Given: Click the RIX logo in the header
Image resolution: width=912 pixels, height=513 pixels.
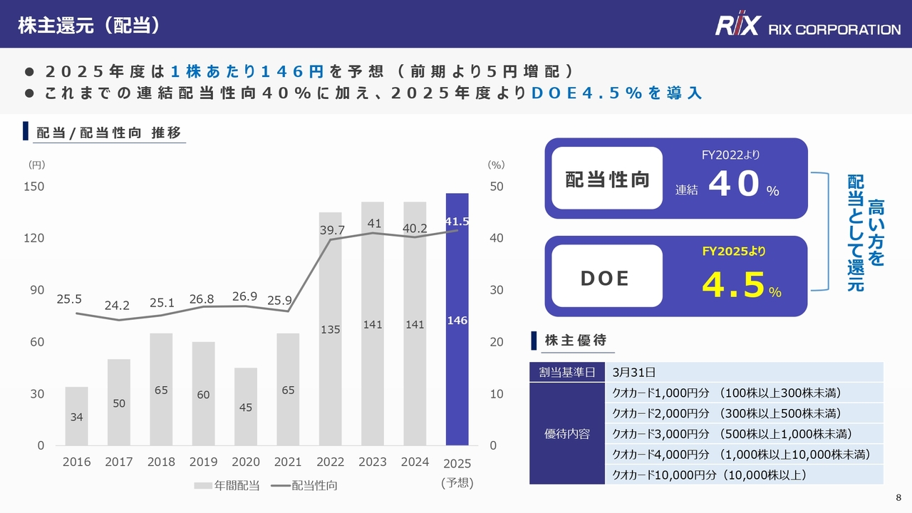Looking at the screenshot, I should [x=738, y=27].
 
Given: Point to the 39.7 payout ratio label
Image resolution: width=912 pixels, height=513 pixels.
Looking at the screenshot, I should [x=331, y=230].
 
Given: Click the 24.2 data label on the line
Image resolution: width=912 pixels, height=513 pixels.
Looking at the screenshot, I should [x=117, y=306].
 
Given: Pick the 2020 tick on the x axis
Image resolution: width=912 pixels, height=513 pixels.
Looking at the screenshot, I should [x=246, y=462].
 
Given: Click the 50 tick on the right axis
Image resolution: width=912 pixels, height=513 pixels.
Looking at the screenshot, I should [x=496, y=187].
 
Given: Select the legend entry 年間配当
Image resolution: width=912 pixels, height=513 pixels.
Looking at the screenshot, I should [x=227, y=485].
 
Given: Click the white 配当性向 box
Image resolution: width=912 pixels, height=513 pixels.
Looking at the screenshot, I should [x=607, y=178].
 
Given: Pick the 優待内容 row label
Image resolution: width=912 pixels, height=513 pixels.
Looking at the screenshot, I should [x=567, y=433].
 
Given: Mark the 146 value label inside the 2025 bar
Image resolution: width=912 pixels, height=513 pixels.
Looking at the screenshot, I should [x=457, y=321].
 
